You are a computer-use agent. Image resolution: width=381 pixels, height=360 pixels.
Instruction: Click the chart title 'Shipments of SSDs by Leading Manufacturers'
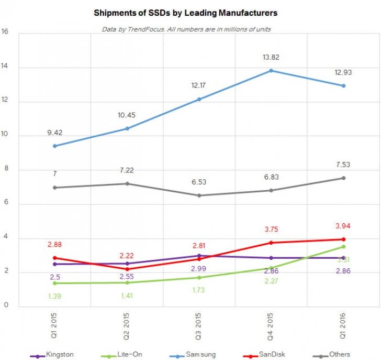[x=185, y=12]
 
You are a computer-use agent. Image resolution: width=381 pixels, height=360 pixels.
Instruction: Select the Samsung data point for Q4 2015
[x=271, y=70]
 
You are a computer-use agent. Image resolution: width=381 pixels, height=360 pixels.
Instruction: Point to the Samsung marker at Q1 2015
[x=55, y=146]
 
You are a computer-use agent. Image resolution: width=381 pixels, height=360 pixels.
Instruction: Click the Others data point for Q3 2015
[x=199, y=195]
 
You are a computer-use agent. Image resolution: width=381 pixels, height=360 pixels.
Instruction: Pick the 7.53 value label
[x=343, y=165]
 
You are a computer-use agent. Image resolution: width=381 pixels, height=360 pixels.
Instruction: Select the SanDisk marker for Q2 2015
[x=127, y=269]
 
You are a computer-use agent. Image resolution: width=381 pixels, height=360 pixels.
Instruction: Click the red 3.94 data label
[x=343, y=226]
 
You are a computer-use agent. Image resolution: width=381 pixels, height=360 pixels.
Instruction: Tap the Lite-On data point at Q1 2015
[x=55, y=283]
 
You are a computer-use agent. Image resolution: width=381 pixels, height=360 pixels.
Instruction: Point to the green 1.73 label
[x=199, y=290]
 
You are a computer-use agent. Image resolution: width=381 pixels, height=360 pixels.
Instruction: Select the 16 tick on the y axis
[x=5, y=31]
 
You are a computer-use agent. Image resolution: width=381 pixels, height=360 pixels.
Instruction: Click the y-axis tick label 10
[x=5, y=136]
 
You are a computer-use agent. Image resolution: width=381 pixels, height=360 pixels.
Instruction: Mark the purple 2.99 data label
[x=199, y=268]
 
